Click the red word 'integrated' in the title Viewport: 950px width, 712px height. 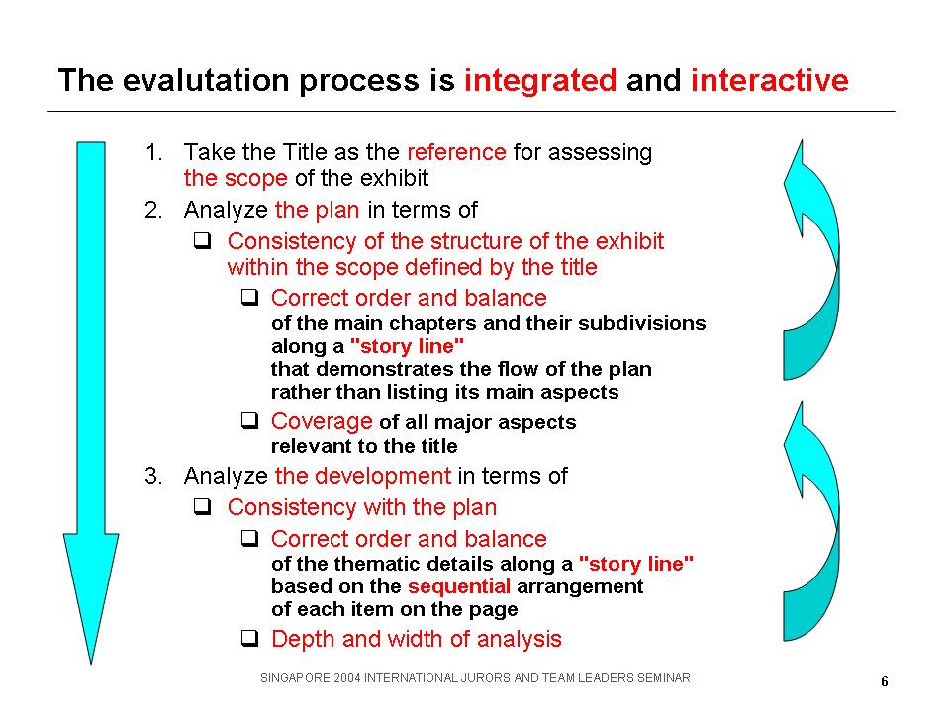[x=540, y=81]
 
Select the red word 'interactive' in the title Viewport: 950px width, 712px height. [x=770, y=80]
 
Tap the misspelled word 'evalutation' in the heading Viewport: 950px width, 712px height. [x=206, y=80]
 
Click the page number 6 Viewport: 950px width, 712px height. [x=885, y=681]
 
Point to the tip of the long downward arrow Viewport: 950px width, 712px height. [x=91, y=664]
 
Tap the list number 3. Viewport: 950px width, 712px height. [x=153, y=476]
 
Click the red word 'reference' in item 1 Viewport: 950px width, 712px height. [x=456, y=152]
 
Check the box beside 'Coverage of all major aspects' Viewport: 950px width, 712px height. [x=249, y=420]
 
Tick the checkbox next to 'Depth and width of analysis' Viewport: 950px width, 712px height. [x=249, y=638]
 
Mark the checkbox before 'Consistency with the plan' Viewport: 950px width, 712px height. [x=202, y=506]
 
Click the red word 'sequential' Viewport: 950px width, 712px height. [x=458, y=586]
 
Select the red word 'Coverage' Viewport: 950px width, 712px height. [x=322, y=421]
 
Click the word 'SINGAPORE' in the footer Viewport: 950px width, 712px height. [x=295, y=678]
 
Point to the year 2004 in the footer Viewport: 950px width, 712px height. [x=347, y=678]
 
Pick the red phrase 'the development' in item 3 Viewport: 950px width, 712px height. [x=363, y=476]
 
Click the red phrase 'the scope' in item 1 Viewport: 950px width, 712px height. [x=236, y=179]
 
